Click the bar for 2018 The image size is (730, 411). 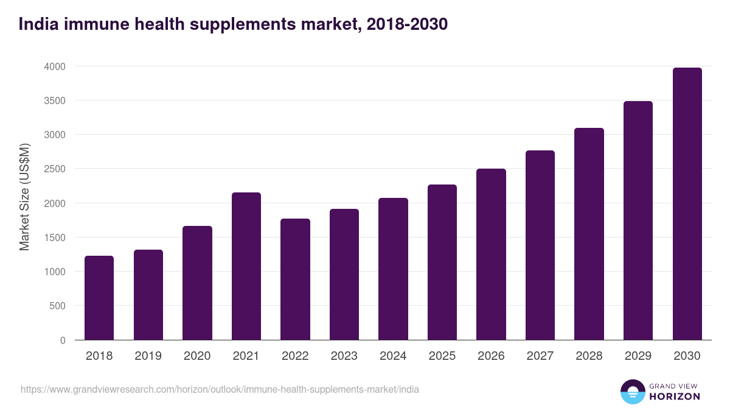click(99, 298)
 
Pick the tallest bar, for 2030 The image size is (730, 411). click(687, 203)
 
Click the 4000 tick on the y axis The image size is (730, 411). click(54, 66)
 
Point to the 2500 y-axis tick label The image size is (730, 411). click(54, 169)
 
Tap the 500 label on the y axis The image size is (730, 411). click(57, 306)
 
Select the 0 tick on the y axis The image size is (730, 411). click(63, 340)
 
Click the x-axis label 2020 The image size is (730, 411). click(197, 356)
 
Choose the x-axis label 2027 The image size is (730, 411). click(540, 356)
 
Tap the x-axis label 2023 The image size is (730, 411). click(344, 356)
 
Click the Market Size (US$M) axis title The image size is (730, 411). click(24, 197)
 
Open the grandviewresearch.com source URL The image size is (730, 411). click(220, 389)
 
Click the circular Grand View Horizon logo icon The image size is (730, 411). click(632, 392)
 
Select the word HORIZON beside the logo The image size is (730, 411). click(675, 396)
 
